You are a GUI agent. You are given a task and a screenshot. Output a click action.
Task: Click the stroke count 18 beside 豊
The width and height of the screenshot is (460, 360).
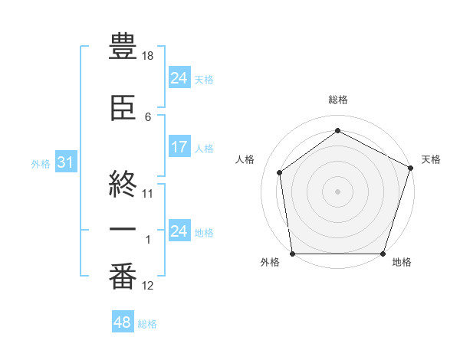coord(148,57)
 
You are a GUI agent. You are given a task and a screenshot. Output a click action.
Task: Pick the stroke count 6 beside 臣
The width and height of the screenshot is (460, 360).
coord(148,116)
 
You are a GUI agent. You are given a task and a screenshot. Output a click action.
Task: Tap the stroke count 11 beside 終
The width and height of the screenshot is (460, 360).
coord(148,193)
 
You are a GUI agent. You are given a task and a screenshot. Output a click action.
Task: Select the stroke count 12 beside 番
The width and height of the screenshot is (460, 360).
coord(148,286)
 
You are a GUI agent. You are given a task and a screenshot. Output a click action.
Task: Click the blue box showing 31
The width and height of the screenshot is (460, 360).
coord(64,163)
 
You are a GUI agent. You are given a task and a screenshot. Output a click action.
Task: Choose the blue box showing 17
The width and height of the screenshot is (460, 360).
coord(179,148)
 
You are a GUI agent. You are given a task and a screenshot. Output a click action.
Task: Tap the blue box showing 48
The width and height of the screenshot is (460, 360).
coord(123,322)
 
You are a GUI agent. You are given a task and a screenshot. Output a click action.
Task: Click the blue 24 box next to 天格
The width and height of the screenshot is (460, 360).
coord(179,78)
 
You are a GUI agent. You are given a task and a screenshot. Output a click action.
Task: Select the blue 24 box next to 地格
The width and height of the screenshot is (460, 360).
coord(179,231)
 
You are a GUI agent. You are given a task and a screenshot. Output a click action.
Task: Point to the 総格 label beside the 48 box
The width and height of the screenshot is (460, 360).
coord(147,324)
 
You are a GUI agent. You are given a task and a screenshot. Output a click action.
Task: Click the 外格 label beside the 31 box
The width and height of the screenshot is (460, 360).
coord(41,164)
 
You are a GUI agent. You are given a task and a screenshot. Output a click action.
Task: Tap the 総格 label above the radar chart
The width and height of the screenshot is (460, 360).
coord(338,100)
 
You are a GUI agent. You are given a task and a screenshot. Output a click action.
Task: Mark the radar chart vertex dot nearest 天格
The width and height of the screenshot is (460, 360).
coord(411,168)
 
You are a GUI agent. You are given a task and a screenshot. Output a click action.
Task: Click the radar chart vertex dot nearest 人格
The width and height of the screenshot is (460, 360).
coord(280,172)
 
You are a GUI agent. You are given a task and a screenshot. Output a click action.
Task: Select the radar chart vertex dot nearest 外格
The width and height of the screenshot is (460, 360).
coord(292,254)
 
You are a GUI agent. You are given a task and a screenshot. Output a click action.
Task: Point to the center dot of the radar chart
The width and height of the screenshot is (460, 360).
coord(338,191)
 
